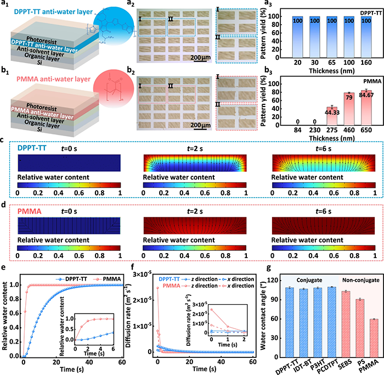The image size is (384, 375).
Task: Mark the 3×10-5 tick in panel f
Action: coord(144,271)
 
